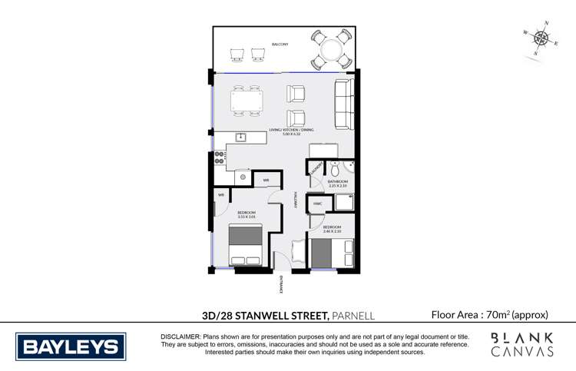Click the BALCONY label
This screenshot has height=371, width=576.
279,45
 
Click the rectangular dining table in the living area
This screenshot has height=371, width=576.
247,101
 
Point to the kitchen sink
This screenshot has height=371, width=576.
240,137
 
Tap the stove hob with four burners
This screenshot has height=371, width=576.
219,158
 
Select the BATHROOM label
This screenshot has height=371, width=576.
339,181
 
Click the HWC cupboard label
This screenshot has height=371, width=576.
316,203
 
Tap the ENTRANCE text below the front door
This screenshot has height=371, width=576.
280,284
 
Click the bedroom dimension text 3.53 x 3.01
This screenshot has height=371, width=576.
246,217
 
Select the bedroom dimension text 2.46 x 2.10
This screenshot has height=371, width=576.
333,231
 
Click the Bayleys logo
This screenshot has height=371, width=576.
71,346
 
